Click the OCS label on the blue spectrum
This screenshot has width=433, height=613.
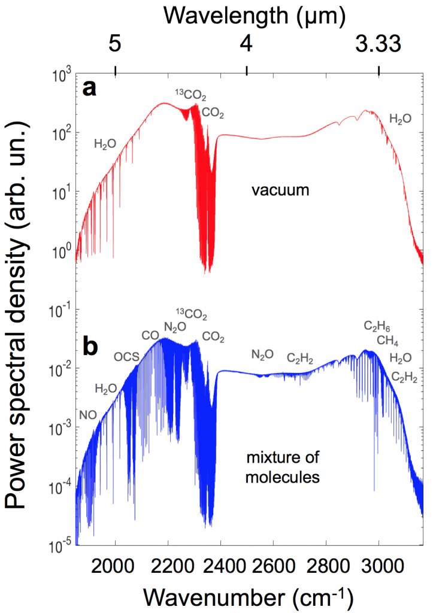[x=126, y=357]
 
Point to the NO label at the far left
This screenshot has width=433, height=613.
[x=87, y=414]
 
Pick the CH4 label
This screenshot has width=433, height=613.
[x=388, y=341]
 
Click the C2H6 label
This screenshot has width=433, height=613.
[x=377, y=326]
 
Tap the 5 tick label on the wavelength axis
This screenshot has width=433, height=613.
[x=115, y=43]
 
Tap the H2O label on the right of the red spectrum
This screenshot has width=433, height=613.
[x=400, y=119]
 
